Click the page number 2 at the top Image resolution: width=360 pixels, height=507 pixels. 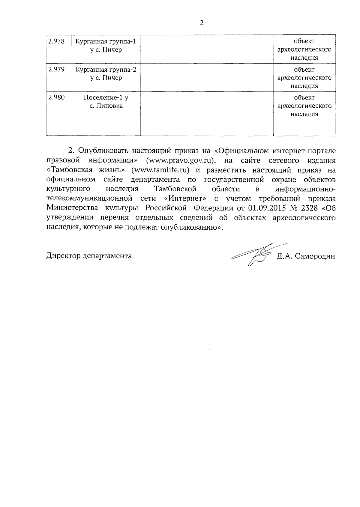pyautogui.click(x=202, y=23)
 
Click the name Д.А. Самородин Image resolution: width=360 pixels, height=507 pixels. pyautogui.click(x=306, y=256)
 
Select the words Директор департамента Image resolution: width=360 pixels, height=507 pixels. pyautogui.click(x=89, y=256)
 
